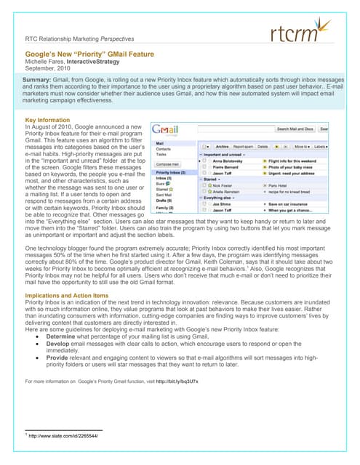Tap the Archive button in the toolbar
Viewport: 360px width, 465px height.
point(223,146)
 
